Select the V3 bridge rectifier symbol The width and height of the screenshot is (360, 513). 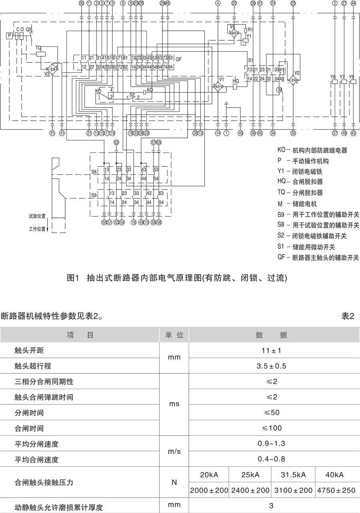pos(52,68)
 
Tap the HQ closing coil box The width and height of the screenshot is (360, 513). pos(236,86)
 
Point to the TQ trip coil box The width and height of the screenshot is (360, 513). pos(40,53)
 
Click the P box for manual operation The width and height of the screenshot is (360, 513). pos(9,36)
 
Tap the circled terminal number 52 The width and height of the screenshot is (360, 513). pos(116,143)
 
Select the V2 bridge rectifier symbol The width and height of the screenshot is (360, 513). pos(294,80)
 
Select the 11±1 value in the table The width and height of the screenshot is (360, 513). pos(272,351)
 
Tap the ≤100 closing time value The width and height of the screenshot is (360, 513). pos(272,428)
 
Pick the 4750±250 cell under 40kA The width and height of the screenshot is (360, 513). pos(337,490)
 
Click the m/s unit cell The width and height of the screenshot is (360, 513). pos(174,451)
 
